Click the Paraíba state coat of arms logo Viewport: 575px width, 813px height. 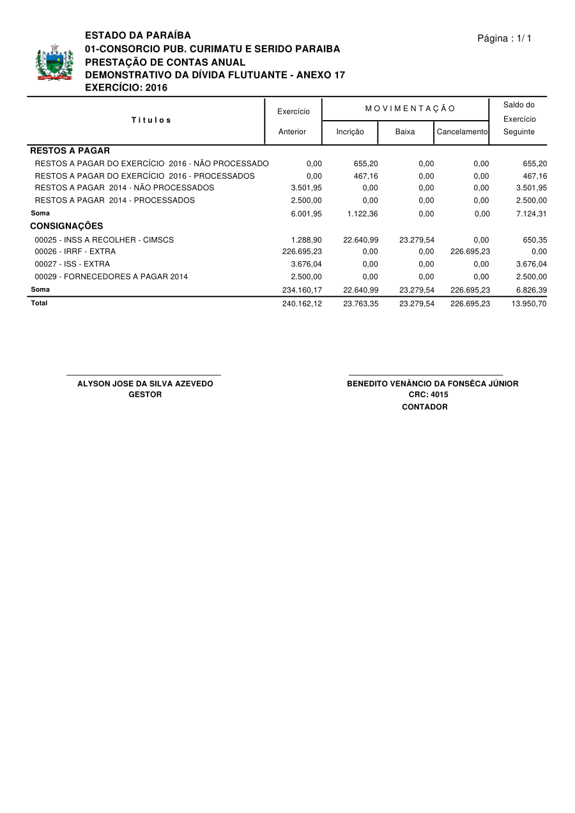tap(54, 62)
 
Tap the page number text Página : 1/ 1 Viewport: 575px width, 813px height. tap(504, 39)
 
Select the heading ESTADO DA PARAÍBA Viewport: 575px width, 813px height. tap(138, 35)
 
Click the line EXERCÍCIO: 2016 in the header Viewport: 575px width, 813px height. tap(126, 87)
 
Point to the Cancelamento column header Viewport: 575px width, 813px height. tap(462, 132)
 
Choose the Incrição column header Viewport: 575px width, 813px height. tap(350, 132)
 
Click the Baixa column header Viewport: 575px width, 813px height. tap(405, 132)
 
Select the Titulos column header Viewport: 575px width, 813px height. tap(151, 120)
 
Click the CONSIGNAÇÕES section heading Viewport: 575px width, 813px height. tap(66, 226)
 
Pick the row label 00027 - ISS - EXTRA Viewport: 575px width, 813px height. tap(72, 264)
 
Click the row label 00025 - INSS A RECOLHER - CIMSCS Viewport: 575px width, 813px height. tap(104, 239)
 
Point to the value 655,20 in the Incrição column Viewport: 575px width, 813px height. tap(365, 163)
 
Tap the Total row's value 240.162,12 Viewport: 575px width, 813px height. tap(302, 303)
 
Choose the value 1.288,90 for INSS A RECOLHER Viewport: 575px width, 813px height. tap(306, 239)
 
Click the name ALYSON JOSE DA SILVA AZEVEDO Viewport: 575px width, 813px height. tap(145, 384)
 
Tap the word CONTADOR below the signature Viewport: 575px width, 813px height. tap(424, 407)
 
